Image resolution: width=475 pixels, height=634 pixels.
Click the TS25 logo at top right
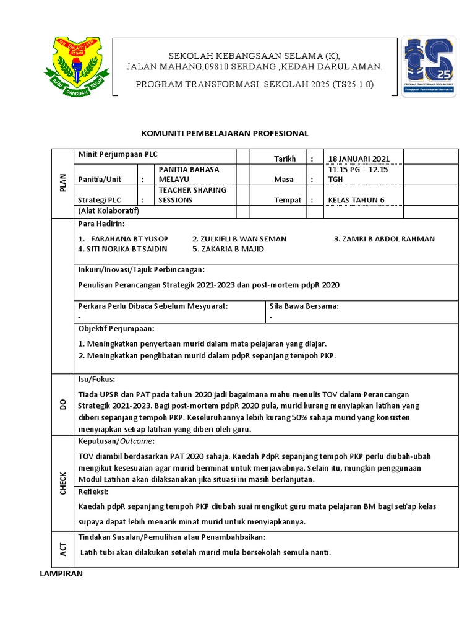click(x=429, y=65)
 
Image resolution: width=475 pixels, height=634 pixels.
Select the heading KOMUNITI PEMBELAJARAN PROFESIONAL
click(x=225, y=133)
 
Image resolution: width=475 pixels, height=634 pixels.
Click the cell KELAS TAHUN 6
click(x=356, y=200)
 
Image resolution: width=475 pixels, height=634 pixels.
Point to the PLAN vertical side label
click(x=62, y=183)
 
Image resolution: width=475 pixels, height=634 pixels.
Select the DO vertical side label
click(x=62, y=404)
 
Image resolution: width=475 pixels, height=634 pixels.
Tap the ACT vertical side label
click(x=62, y=549)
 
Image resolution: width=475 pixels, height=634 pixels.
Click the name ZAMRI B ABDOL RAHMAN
click(x=384, y=238)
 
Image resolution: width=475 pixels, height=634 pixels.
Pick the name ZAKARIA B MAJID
click(x=228, y=249)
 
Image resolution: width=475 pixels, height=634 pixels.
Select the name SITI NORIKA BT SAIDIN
click(x=122, y=249)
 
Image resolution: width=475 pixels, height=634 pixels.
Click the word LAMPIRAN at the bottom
click(x=61, y=574)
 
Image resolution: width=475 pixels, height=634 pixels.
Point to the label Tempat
click(x=288, y=200)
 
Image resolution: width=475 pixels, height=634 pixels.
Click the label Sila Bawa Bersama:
click(x=304, y=306)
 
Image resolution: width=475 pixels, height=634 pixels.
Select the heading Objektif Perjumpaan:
click(x=116, y=328)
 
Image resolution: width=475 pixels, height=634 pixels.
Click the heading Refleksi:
click(x=93, y=492)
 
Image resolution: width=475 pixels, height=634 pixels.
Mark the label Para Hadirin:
click(x=101, y=223)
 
